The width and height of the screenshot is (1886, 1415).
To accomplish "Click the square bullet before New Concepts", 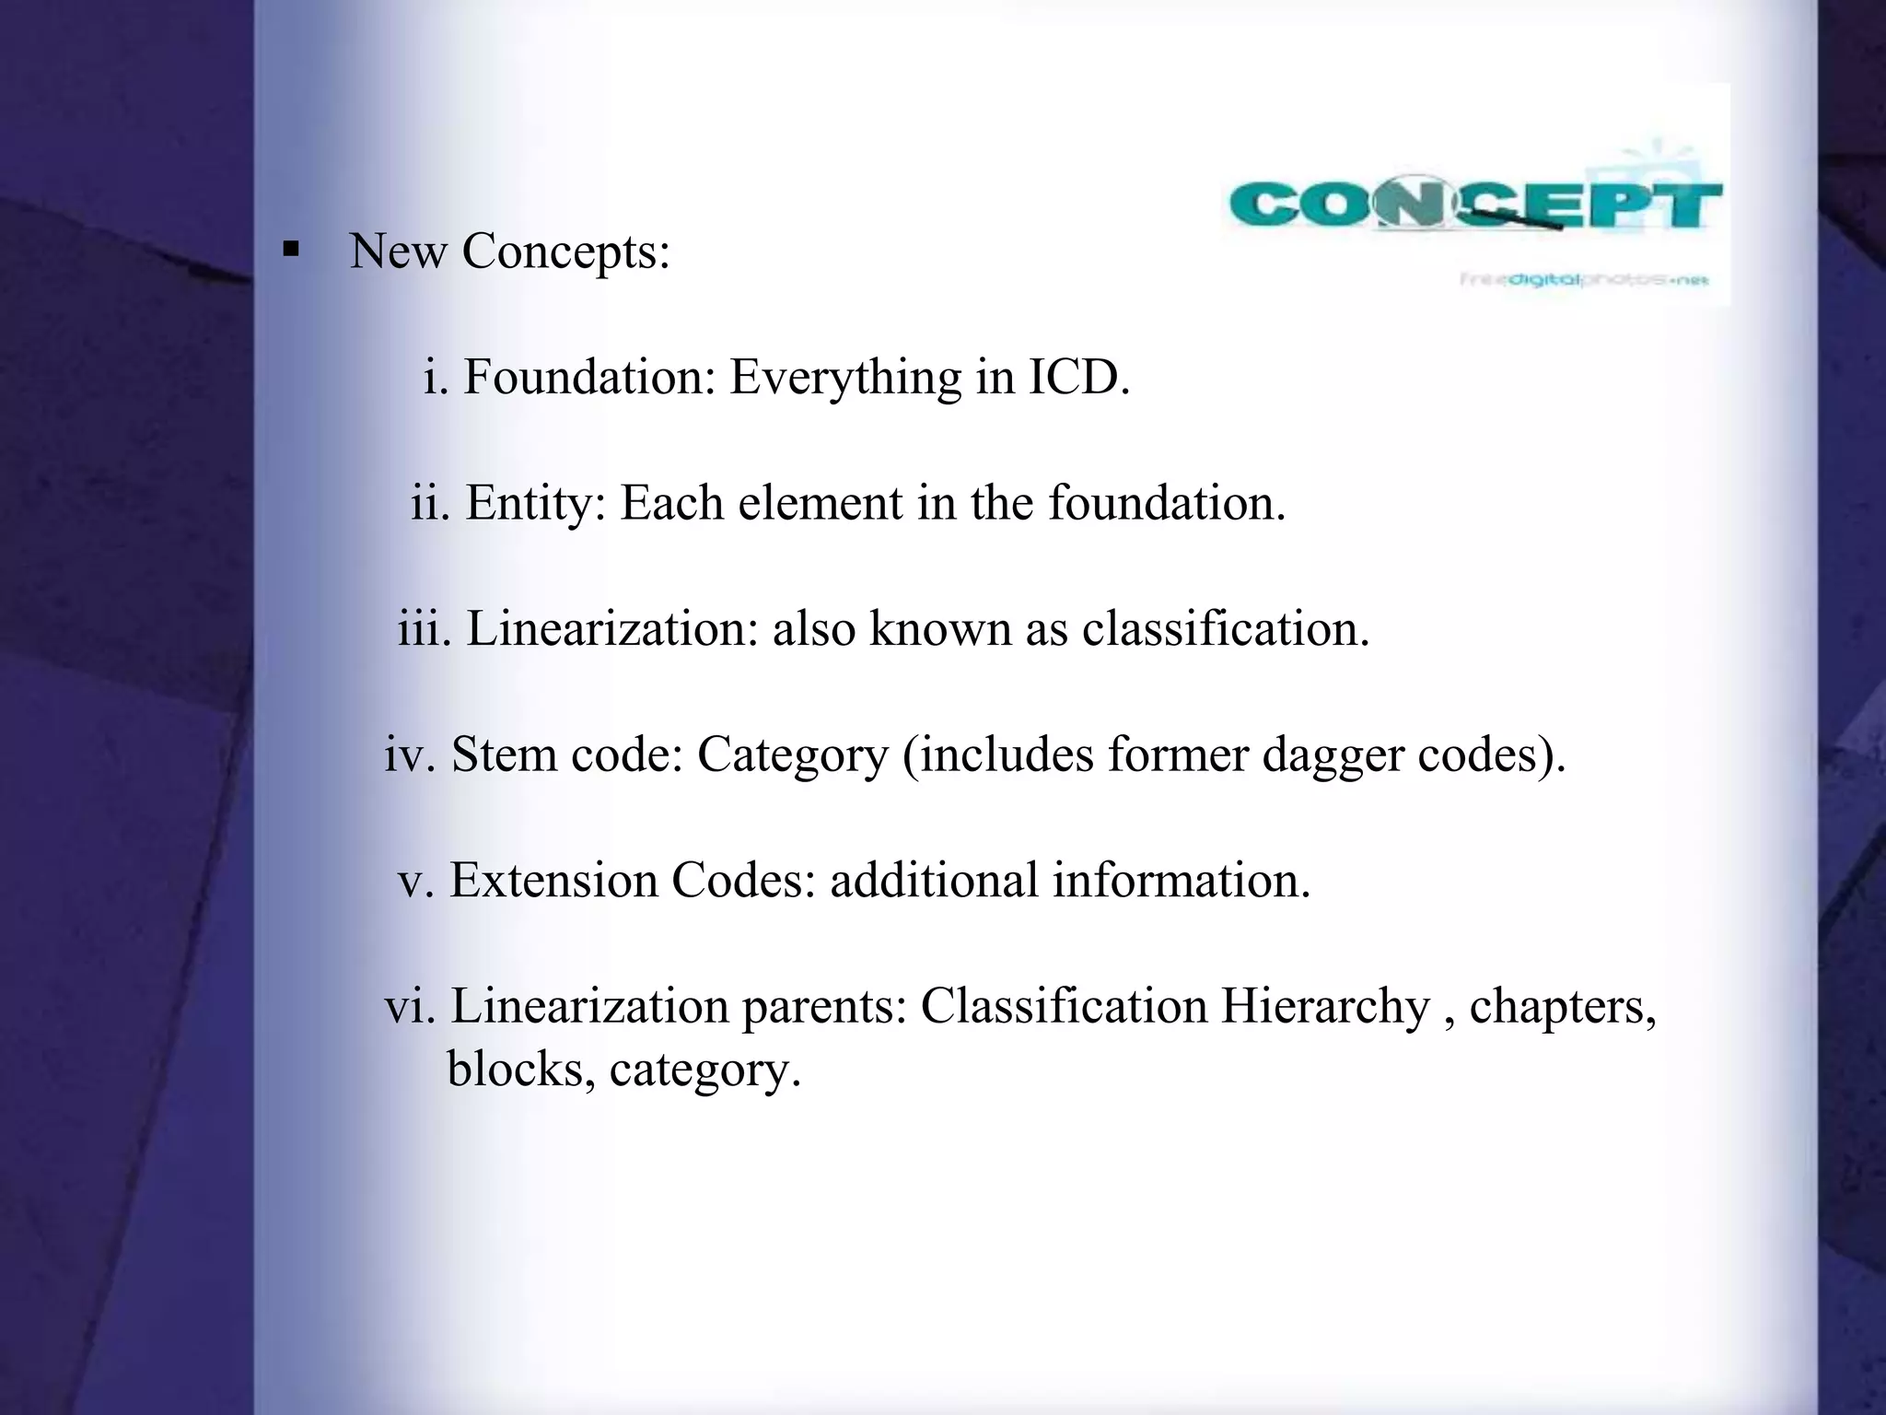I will click(x=292, y=249).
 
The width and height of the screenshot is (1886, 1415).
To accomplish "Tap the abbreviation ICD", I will click(x=1077, y=377).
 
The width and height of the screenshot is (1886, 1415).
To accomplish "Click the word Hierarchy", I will click(x=1325, y=1006).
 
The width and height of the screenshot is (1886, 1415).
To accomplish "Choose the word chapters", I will click(x=1562, y=1006).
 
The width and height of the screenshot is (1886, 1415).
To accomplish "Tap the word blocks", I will click(x=520, y=1070).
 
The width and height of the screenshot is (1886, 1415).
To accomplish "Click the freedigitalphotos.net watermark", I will click(x=1584, y=279).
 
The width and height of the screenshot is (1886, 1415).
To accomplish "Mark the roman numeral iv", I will click(x=410, y=754).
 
